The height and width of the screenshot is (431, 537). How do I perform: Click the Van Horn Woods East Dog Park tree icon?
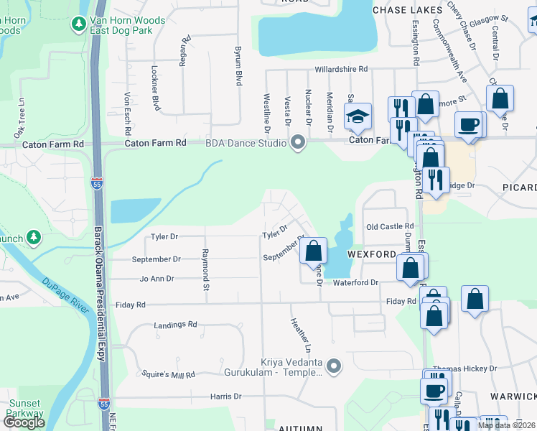click(x=78, y=25)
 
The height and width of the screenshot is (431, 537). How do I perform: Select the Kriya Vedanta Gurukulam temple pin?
click(x=332, y=366)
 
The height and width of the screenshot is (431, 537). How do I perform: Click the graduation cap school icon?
click(x=357, y=117)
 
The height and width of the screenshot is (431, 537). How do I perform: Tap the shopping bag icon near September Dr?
click(x=313, y=251)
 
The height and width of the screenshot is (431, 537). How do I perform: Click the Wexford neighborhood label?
click(x=372, y=255)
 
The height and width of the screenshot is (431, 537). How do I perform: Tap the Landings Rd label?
click(x=175, y=325)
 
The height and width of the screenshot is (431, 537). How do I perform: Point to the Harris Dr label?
click(x=225, y=397)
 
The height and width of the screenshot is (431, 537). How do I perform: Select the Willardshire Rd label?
click(x=341, y=70)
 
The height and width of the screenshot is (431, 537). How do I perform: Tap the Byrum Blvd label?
click(x=238, y=67)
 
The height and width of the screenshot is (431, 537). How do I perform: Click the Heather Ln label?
click(x=301, y=335)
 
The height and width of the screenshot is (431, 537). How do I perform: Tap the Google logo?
click(x=24, y=422)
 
